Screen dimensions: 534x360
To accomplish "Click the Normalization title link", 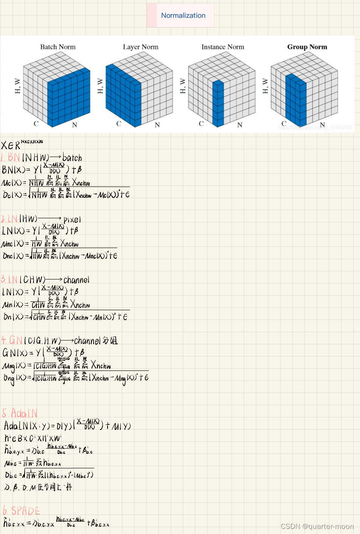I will coord(183,16).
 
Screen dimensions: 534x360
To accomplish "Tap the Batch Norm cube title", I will coord(58,47).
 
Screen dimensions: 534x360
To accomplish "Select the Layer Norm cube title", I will coord(141,47).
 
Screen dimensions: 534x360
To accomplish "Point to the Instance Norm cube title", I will coord(223,47).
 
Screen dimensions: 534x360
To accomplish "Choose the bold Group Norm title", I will coord(307,47).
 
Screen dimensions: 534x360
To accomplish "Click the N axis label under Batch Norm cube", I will coord(75,125).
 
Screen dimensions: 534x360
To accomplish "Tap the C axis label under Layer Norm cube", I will coord(119,124).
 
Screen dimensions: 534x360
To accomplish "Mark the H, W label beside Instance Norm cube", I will coord(183,86).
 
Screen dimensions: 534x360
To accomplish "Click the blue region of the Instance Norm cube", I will coord(218,104).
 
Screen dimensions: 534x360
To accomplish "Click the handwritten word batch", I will coord(72,158).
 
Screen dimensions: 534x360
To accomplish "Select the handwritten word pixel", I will coord(72,219).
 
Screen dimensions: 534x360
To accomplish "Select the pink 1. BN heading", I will coord(10,158).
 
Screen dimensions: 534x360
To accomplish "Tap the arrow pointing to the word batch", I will coord(53,157).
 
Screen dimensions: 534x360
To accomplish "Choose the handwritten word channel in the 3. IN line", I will coord(76,280).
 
